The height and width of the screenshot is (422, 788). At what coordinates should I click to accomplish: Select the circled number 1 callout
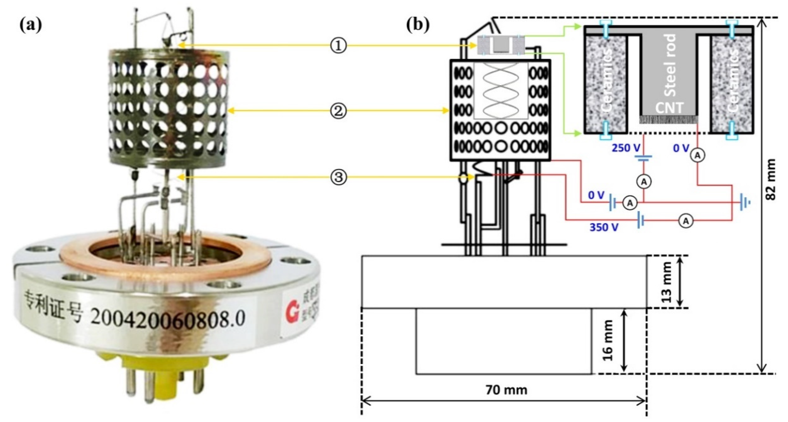coord(339,46)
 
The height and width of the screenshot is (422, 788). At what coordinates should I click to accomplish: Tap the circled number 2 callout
coord(339,111)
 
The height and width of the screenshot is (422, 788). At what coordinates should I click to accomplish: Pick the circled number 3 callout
coord(339,177)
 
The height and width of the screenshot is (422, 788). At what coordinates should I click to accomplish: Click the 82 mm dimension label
coord(771,184)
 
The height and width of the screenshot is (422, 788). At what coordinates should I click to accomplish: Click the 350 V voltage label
coord(604,227)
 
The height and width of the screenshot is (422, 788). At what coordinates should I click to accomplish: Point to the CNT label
coord(669,108)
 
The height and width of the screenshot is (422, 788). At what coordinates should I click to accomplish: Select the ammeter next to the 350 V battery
coord(686,221)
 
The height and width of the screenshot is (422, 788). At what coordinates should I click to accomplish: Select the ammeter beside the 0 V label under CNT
coord(697,155)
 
